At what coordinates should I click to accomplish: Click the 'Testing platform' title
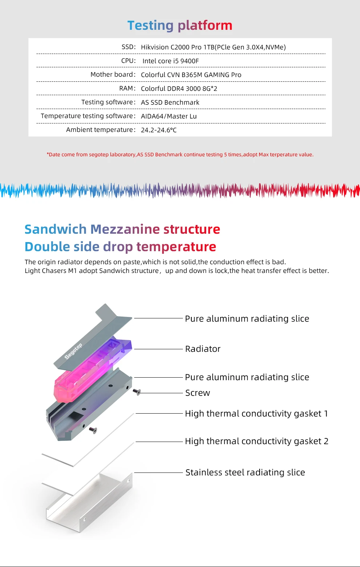180,25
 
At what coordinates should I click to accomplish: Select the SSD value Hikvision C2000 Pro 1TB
213,47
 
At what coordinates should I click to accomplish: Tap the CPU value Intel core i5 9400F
171,61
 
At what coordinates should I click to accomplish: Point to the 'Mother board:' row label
113,75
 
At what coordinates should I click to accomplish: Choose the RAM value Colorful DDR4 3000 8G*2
179,89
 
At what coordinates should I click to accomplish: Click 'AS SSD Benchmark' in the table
170,102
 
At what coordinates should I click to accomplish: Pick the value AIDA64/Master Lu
169,116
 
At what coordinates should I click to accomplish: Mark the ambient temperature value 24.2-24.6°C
159,130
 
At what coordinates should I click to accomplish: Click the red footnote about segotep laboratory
180,154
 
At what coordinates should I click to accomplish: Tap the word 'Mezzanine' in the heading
125,229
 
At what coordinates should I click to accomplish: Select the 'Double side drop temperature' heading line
120,247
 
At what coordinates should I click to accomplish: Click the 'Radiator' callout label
203,349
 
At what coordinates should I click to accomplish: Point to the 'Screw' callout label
197,393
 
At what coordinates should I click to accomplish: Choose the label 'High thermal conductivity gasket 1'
256,414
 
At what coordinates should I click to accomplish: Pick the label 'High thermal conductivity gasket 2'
256,441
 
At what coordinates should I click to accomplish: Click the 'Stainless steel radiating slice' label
245,472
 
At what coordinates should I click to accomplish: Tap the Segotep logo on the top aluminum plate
73,351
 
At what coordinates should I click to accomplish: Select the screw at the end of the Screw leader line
137,392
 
